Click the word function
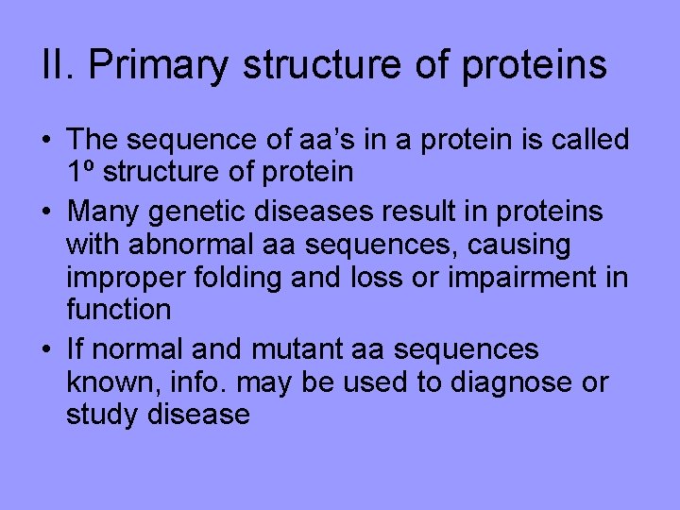point(119,309)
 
